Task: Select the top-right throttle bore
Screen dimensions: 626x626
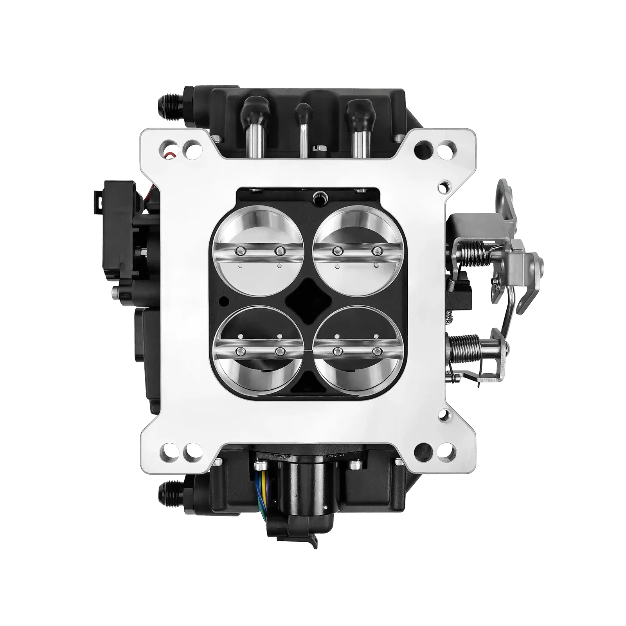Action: click(x=355, y=250)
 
